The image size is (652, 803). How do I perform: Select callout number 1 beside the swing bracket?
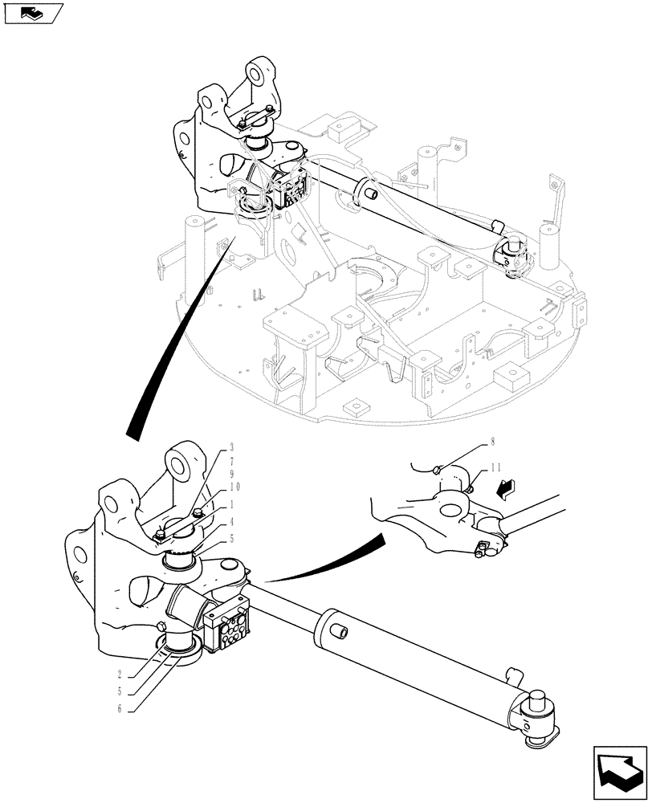coord(231,505)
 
